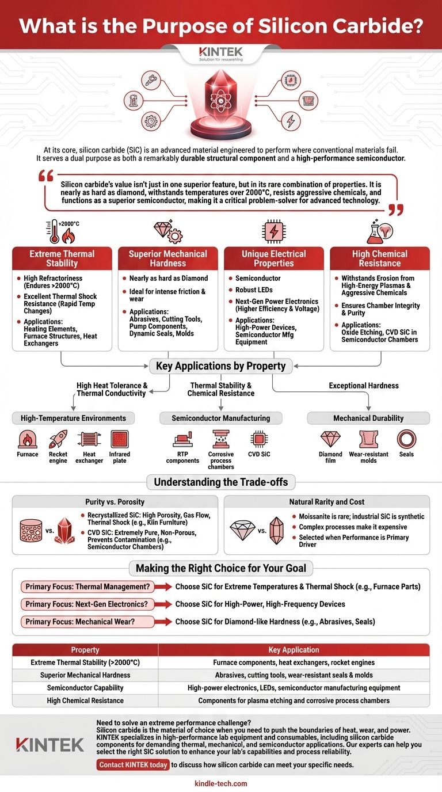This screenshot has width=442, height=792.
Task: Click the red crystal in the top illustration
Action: [221, 101]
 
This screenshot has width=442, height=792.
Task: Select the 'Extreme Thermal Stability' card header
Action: [62, 258]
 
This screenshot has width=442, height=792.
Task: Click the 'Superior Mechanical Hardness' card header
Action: [168, 258]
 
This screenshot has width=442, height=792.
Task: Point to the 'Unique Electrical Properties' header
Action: [273, 258]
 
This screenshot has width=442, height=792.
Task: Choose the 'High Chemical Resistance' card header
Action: [379, 258]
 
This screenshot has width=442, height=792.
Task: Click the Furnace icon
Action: [28, 439]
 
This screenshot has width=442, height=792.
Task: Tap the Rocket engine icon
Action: [58, 439]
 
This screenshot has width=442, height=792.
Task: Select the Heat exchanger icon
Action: [89, 439]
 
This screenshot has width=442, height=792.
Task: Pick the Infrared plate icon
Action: [120, 439]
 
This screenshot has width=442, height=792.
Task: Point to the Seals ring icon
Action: [406, 439]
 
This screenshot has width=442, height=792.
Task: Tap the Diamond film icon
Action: [330, 439]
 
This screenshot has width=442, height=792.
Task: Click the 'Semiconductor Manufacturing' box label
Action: [220, 418]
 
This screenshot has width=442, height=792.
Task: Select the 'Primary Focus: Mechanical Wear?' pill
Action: [87, 622]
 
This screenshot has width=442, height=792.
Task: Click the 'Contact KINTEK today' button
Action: [133, 765]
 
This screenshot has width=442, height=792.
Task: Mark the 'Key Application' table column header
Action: [294, 650]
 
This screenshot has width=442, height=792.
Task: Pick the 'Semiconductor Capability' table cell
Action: [85, 688]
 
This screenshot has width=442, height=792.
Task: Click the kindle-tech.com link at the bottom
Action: [221, 783]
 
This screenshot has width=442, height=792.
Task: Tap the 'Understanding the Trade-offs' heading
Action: [220, 482]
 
